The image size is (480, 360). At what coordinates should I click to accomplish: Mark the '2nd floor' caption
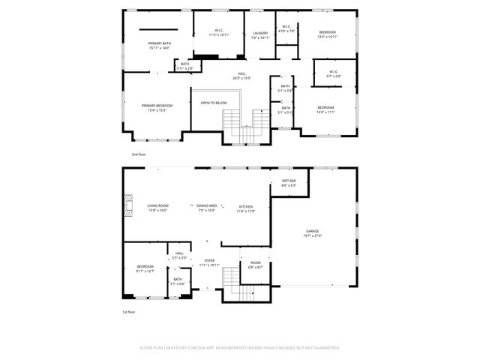(x=139, y=154)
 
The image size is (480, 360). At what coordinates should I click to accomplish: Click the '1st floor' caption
(x=129, y=311)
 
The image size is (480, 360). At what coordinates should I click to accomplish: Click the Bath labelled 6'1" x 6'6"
(x=178, y=281)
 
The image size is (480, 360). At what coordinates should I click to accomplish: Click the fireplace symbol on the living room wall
(x=127, y=204)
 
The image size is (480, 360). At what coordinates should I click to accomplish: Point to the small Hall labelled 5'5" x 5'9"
(x=180, y=255)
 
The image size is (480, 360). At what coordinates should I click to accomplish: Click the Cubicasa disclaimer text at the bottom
(x=240, y=347)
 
